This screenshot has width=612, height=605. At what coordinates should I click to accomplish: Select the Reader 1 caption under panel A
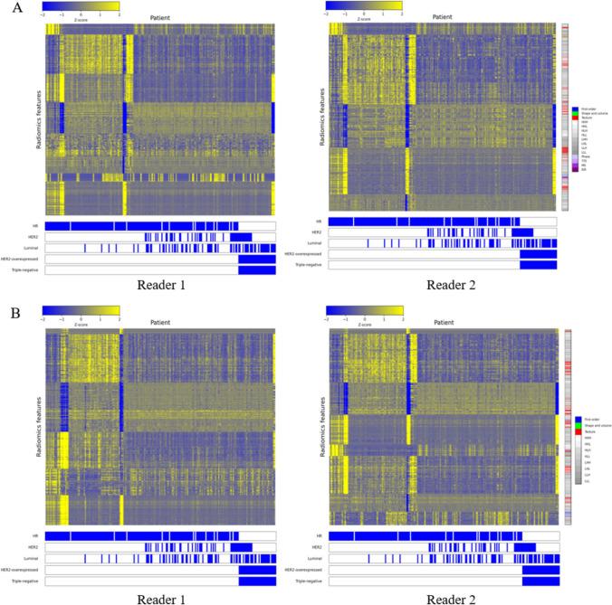(162, 286)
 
